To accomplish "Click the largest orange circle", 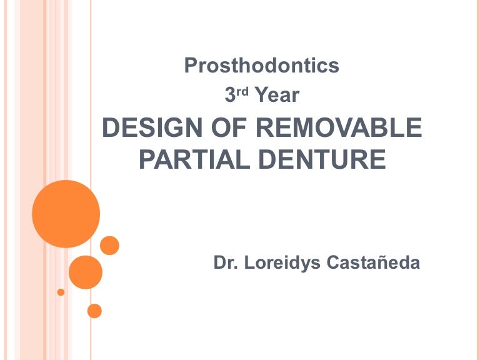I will point(66,214).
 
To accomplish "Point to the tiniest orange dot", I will point(61,292).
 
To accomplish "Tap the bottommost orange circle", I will point(94,310).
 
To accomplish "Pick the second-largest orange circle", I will point(85,272).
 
